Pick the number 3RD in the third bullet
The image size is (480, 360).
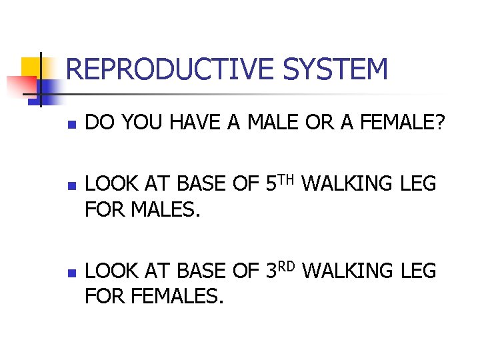tap(283, 271)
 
